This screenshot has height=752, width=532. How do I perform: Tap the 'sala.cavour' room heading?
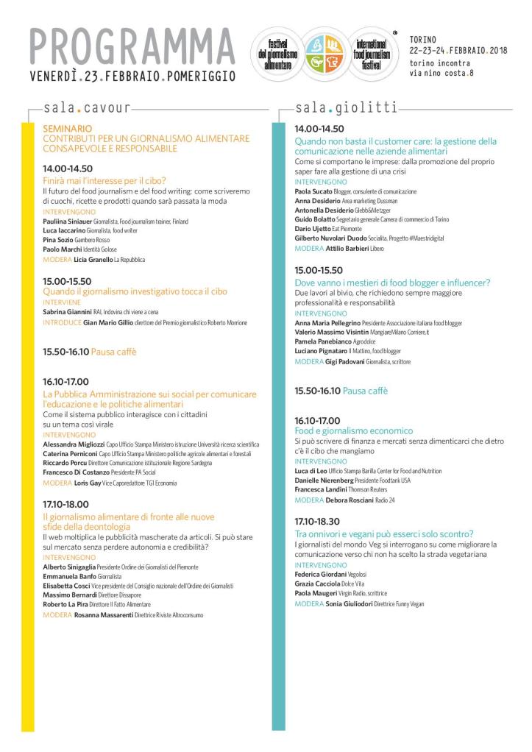pyautogui.click(x=87, y=108)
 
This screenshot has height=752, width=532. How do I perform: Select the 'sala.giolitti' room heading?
pyautogui.click(x=346, y=108)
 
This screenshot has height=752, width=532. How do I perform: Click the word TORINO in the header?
pyautogui.click(x=423, y=39)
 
